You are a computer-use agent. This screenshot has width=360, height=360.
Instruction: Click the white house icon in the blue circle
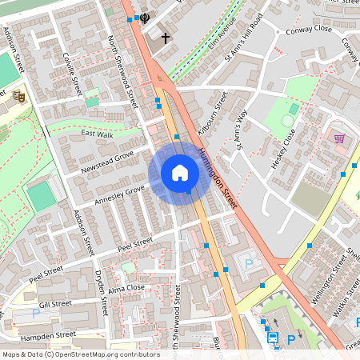coord(180,173)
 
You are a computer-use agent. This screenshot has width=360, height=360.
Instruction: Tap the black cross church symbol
coord(166,38)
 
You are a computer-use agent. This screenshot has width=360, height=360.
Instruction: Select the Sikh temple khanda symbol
coord(145,18)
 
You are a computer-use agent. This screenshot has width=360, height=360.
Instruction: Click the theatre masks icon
coord(18,96)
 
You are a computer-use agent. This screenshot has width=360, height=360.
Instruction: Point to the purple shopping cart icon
coord(339,138)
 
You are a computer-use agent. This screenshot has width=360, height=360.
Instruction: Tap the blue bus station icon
coord(273,338)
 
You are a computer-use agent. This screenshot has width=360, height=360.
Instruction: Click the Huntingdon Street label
coord(218,180)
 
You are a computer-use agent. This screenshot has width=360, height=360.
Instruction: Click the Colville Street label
coord(73,71)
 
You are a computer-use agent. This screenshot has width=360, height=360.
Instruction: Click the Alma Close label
coord(126,288)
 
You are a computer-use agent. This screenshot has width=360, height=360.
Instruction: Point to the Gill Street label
coord(55,304)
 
